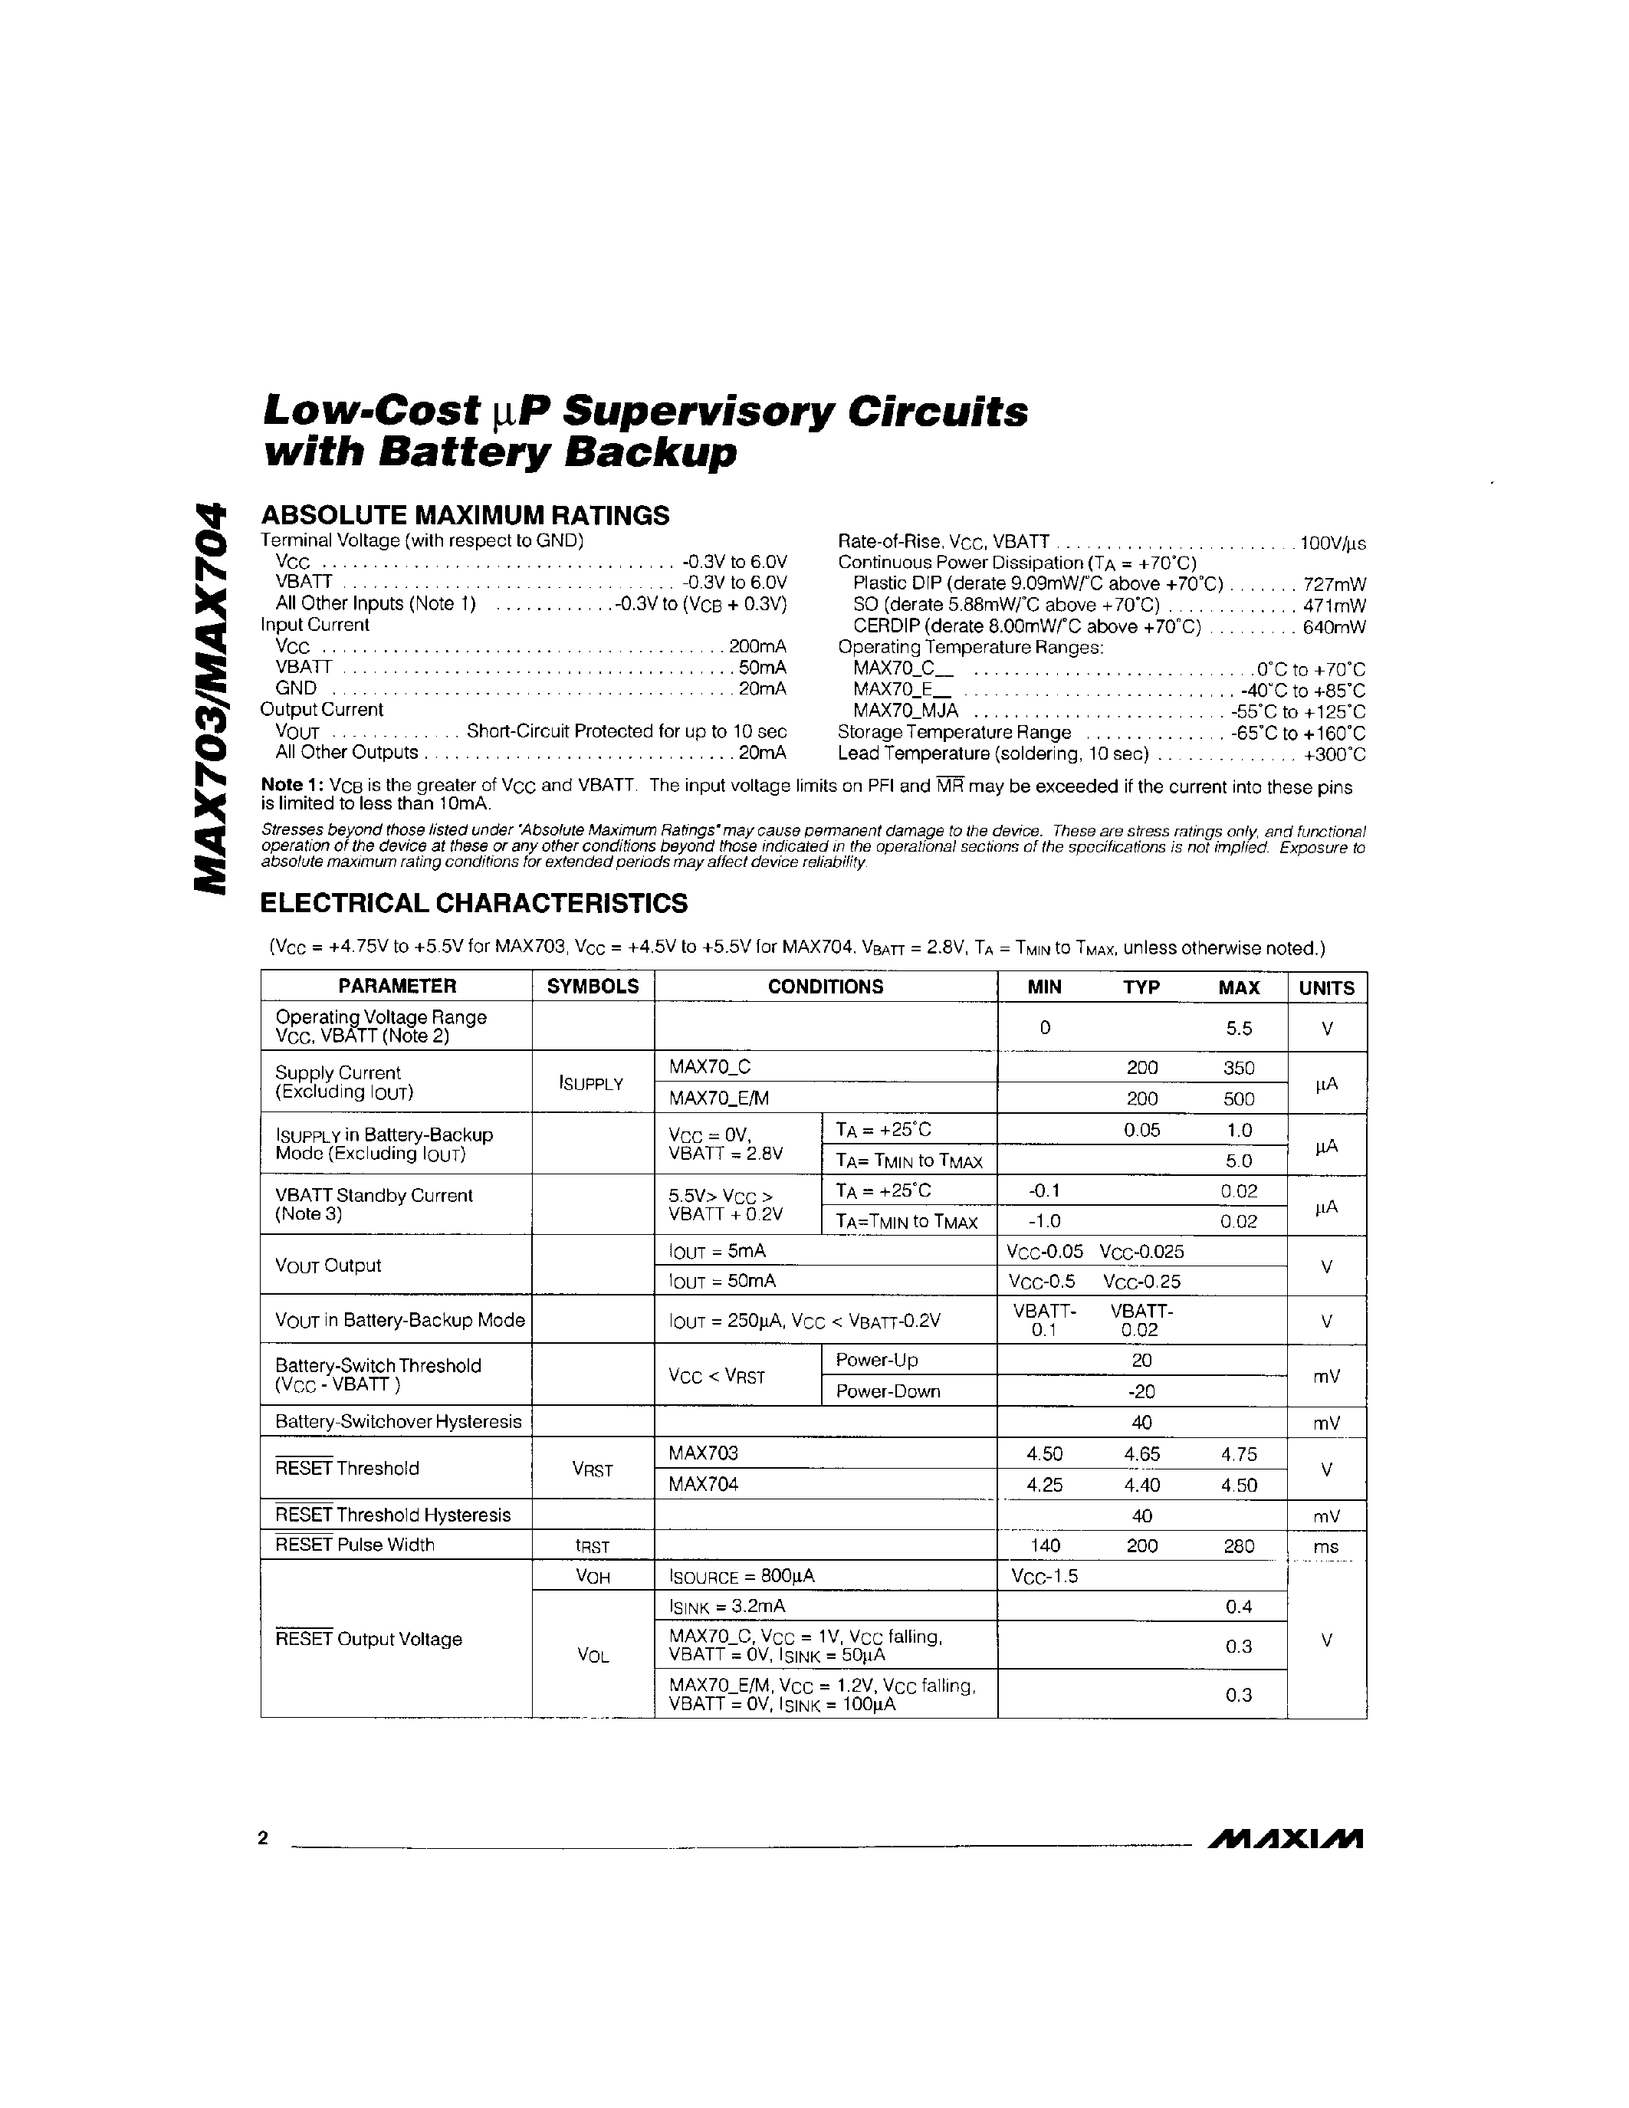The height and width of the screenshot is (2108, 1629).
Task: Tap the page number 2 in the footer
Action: click(x=262, y=1837)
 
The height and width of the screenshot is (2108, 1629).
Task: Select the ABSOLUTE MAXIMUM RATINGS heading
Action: click(x=465, y=515)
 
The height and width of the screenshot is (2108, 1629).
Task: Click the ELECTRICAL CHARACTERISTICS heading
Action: click(x=474, y=904)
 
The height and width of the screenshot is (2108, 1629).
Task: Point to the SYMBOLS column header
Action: click(x=593, y=987)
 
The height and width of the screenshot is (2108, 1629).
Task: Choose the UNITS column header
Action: click(x=1326, y=987)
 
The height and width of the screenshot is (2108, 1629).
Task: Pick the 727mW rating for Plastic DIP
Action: click(x=1334, y=584)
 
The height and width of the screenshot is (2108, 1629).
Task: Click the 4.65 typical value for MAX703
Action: click(x=1141, y=1453)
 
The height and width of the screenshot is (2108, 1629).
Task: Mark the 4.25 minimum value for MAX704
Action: click(x=1045, y=1485)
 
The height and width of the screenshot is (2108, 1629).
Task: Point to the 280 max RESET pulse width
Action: click(x=1238, y=1545)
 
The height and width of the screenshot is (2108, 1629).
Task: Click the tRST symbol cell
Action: click(x=592, y=1546)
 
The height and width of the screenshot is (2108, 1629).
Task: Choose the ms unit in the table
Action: click(x=1326, y=1546)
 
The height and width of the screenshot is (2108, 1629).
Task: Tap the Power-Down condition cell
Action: click(x=887, y=1391)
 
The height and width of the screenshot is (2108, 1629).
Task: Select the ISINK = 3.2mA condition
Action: click(x=727, y=1606)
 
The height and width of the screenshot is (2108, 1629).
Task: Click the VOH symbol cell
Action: click(x=592, y=1576)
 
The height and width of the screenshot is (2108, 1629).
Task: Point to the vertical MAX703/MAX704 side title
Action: click(x=212, y=697)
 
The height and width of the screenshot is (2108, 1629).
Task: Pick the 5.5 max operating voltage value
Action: click(x=1238, y=1028)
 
